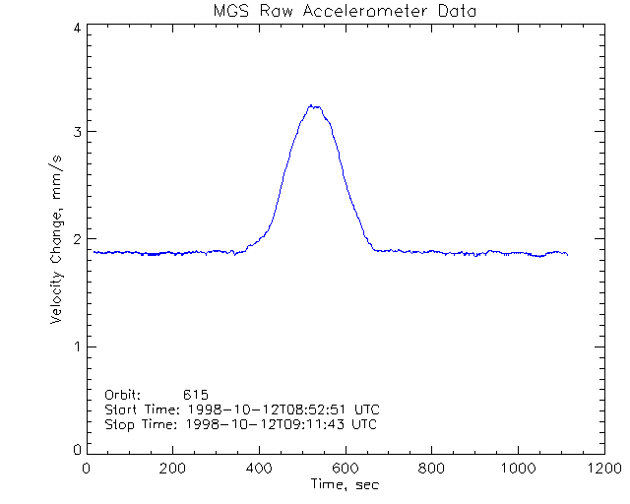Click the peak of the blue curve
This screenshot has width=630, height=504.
point(313,105)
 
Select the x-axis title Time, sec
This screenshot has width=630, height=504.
point(345,484)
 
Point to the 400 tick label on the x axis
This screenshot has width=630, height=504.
point(259,469)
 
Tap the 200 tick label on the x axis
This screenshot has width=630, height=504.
point(173,469)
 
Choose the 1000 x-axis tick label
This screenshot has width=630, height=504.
point(515,469)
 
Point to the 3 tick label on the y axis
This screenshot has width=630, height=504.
point(77,132)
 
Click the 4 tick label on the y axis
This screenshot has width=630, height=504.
point(77,29)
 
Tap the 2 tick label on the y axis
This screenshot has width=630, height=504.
point(77,239)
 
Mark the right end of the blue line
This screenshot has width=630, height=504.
point(568,254)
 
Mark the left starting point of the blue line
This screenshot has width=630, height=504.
point(94,252)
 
